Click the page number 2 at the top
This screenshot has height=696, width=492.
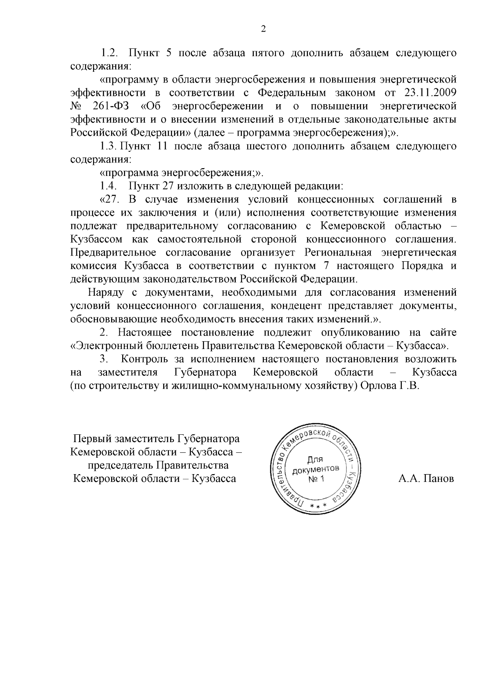tap(263, 29)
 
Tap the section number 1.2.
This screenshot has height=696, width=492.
tap(109, 53)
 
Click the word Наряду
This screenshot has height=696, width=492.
tap(105, 292)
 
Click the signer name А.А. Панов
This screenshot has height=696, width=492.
tap(426, 479)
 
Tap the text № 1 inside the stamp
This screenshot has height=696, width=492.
tap(316, 479)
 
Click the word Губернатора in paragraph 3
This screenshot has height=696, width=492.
tap(205, 372)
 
